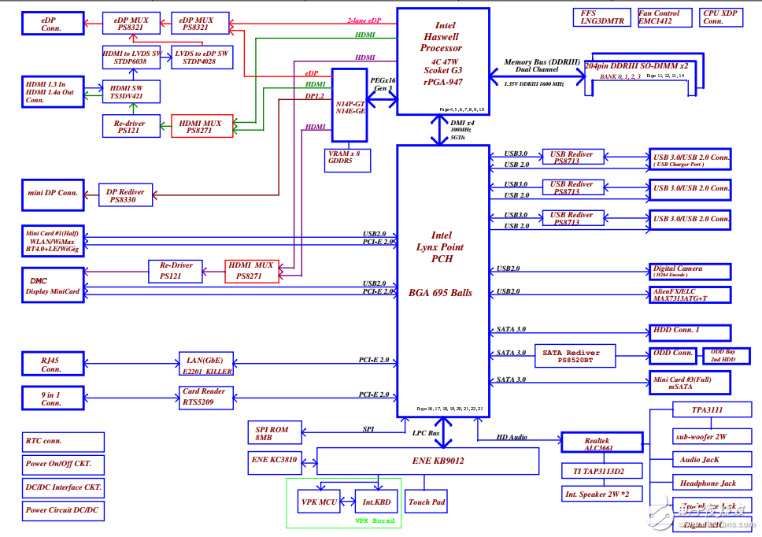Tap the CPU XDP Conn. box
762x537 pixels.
pyautogui.click(x=718, y=17)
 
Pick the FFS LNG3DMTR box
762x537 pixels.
pyautogui.click(x=602, y=17)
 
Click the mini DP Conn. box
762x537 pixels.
pyautogui.click(x=52, y=193)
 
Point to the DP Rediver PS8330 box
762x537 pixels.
pyautogui.click(x=125, y=195)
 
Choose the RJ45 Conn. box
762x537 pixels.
pyautogui.click(x=52, y=364)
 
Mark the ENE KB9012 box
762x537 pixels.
pyautogui.click(x=427, y=461)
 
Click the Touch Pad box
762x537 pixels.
pyautogui.click(x=427, y=502)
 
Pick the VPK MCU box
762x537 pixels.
pyautogui.click(x=319, y=501)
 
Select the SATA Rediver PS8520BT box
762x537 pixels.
pyautogui.click(x=575, y=357)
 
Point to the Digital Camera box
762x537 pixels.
pyautogui.click(x=690, y=272)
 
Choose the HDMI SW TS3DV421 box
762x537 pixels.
pyautogui.click(x=131, y=91)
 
